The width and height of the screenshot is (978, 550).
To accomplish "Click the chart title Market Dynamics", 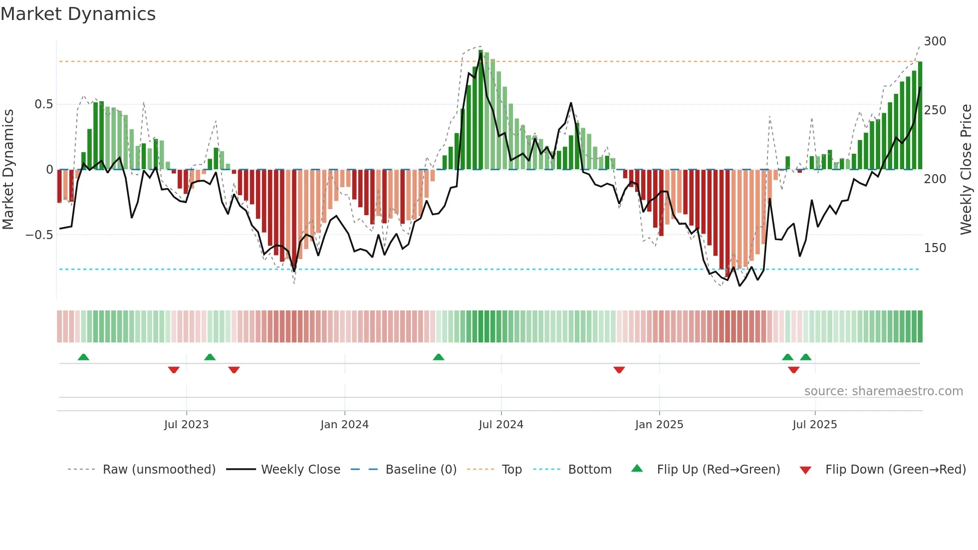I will [x=78, y=14].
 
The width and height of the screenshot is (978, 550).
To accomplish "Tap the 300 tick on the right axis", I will [x=935, y=41].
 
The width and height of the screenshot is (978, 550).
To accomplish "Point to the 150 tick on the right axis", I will [x=935, y=248].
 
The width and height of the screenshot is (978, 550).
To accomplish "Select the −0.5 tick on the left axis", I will [x=39, y=235].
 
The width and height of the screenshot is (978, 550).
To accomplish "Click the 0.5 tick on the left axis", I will [x=43, y=104].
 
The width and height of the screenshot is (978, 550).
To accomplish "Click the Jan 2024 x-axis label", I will [x=344, y=425].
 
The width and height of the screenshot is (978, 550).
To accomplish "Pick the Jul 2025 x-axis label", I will [x=814, y=425].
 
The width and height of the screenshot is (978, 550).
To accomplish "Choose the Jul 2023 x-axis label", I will [x=186, y=425].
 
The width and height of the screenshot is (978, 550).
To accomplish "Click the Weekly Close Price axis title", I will [x=966, y=170].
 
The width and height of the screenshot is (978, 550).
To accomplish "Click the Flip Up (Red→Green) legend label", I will [x=718, y=470].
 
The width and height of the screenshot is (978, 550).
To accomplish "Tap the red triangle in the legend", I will [x=805, y=470].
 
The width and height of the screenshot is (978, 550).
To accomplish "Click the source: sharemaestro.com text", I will [x=883, y=391].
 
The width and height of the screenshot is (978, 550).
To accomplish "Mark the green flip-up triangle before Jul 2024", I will [x=438, y=357].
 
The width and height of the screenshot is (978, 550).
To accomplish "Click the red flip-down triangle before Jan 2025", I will [x=619, y=370].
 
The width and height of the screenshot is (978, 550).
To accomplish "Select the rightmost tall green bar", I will [x=920, y=115].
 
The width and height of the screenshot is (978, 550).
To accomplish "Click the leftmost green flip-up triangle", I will [x=83, y=357].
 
